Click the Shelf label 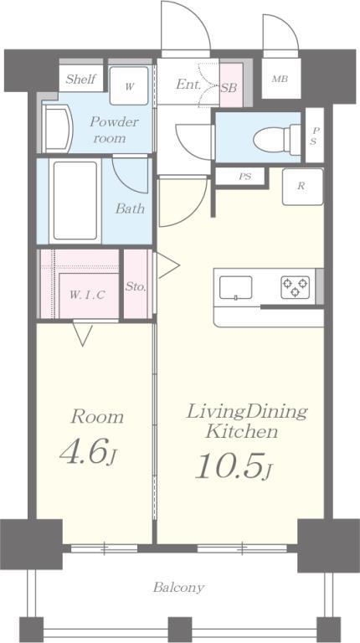pyautogui.click(x=80, y=79)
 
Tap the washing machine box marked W pyautogui.click(x=129, y=85)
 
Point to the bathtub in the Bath pyautogui.click(x=75, y=201)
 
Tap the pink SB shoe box pyautogui.click(x=231, y=85)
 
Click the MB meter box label pyautogui.click(x=280, y=79)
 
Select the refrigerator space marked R pyautogui.click(x=302, y=187)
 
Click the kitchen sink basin pyautogui.click(x=236, y=287)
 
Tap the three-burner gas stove pyautogui.click(x=296, y=286)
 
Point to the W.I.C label pyautogui.click(x=87, y=294)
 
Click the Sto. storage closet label pyautogui.click(x=136, y=287)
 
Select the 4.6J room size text pyautogui.click(x=89, y=452)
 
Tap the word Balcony pyautogui.click(x=179, y=588)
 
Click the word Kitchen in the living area pyautogui.click(x=241, y=431)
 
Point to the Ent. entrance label pyautogui.click(x=188, y=85)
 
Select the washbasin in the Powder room pyautogui.click(x=58, y=128)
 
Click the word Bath pyautogui.click(x=130, y=208)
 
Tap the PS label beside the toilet pyautogui.click(x=315, y=136)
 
